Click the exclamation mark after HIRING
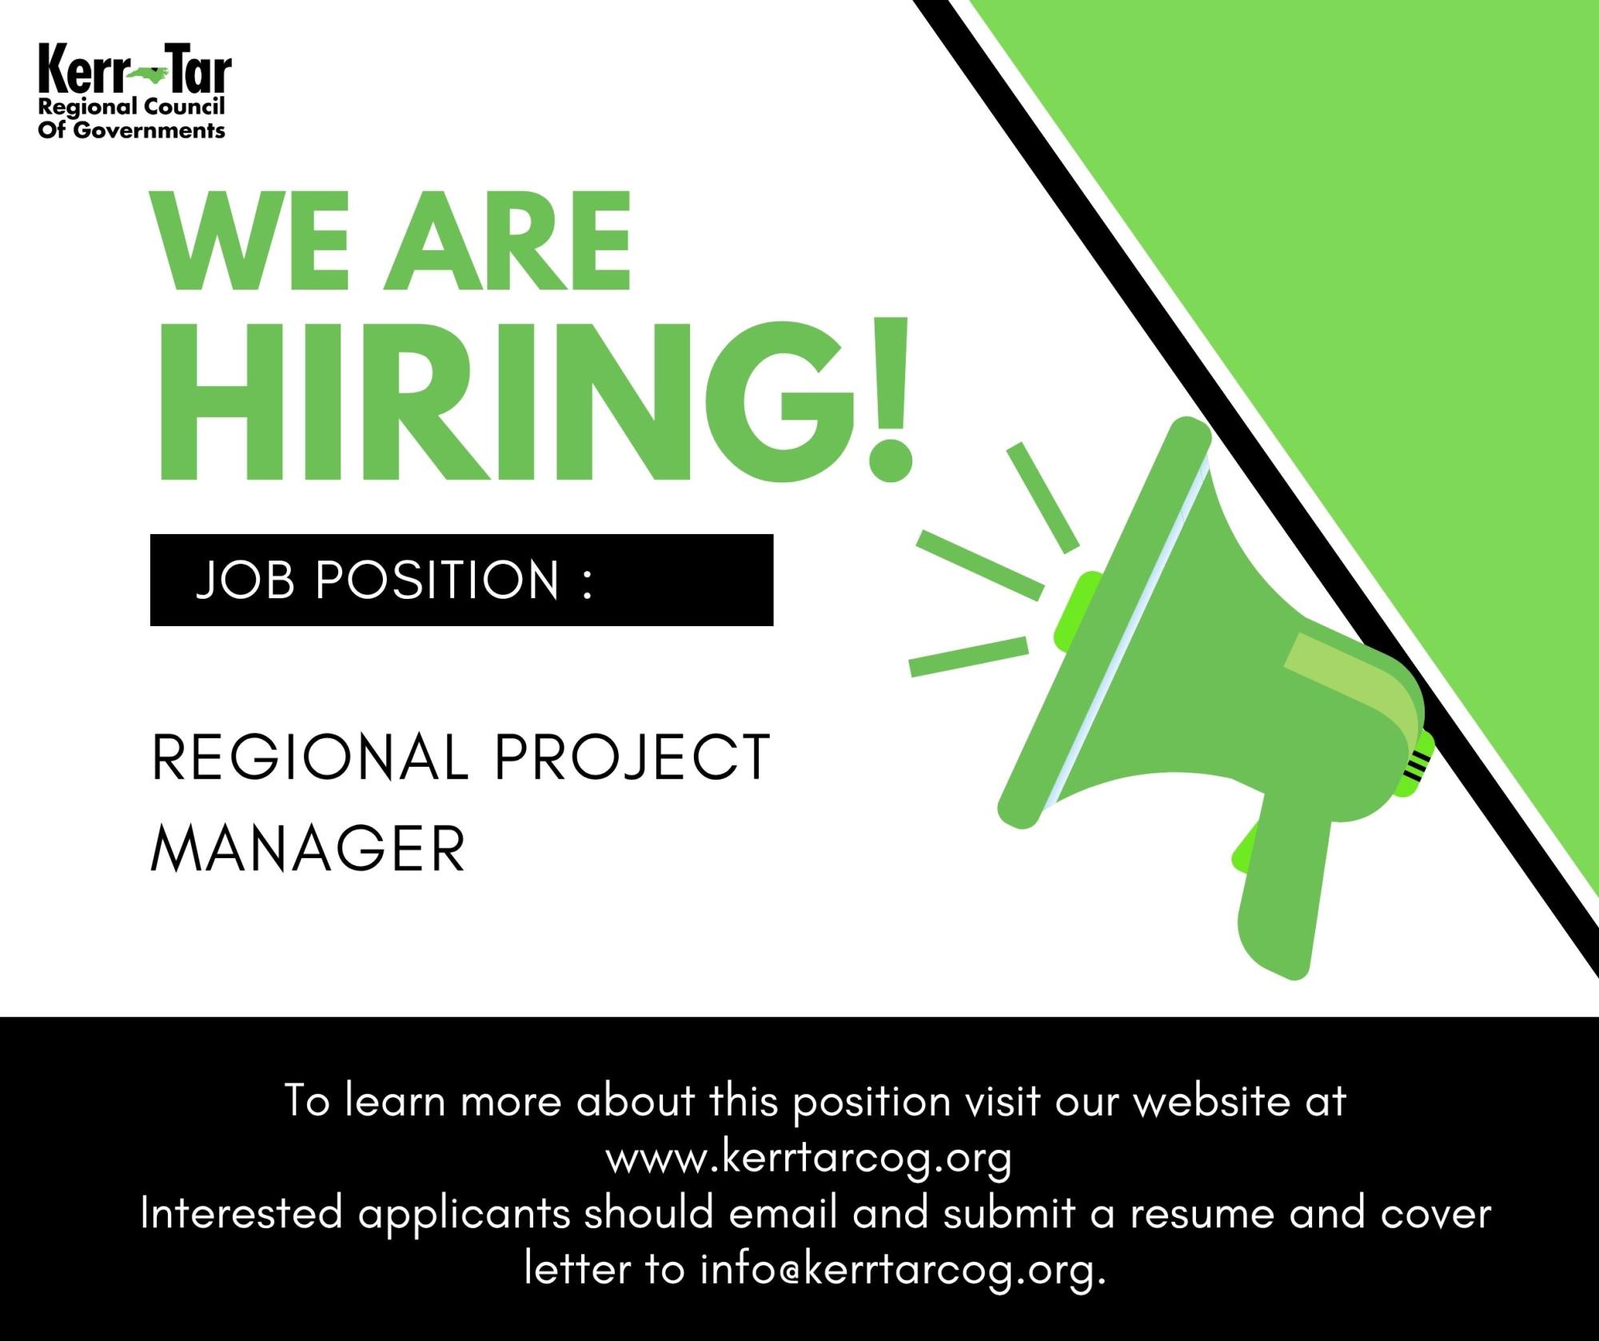[888, 400]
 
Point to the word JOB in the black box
[245, 579]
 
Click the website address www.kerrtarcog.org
[809, 1159]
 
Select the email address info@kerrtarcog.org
[903, 1269]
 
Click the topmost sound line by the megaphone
[1043, 497]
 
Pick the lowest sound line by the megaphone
[969, 657]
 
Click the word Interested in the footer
[241, 1213]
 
